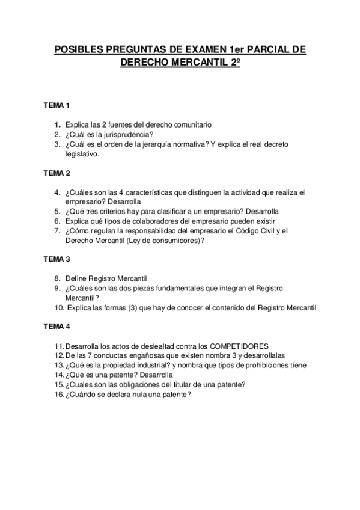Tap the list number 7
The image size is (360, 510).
coord(56,230)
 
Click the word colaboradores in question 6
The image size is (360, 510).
coord(136,221)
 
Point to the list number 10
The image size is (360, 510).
coord(58,307)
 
